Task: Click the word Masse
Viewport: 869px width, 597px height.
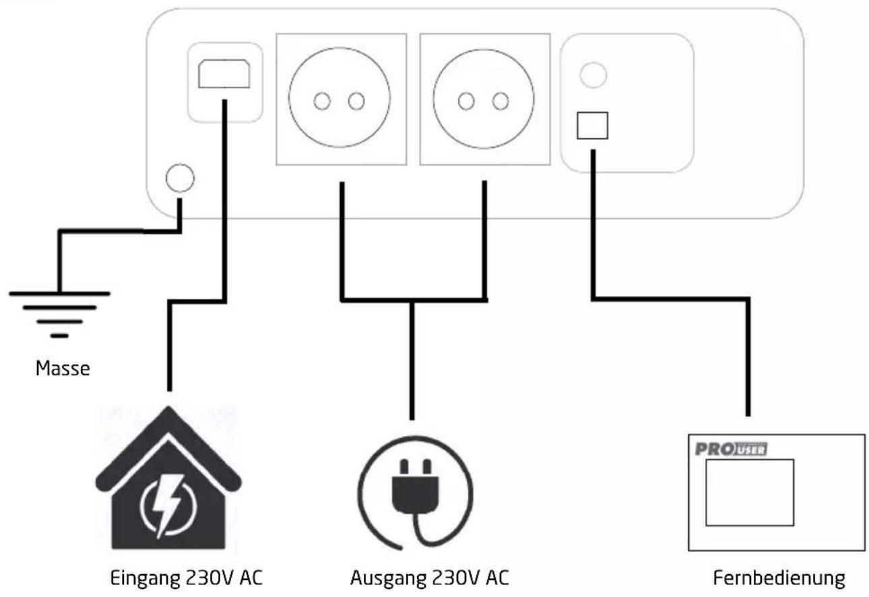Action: coord(63,368)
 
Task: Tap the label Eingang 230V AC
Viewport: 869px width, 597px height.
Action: coord(186,578)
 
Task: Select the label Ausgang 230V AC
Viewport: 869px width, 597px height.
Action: coord(430,578)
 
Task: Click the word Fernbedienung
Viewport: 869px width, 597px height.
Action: coord(779,578)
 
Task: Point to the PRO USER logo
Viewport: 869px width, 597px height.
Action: coord(731,450)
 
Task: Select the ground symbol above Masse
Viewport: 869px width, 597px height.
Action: coord(59,315)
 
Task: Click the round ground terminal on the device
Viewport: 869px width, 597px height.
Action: coord(180,178)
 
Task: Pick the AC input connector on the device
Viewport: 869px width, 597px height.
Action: coord(224,73)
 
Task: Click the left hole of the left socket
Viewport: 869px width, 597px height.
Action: coord(322,101)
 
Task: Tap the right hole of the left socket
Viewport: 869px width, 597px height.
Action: coord(356,101)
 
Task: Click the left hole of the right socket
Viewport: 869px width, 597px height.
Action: coord(466,102)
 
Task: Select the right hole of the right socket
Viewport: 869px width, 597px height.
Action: coord(501,102)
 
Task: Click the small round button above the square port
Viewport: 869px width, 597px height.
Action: coord(593,75)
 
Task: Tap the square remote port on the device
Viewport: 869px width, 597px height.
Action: coord(592,126)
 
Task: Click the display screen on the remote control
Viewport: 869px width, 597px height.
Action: coord(750,493)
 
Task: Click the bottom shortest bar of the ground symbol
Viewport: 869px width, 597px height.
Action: coord(59,336)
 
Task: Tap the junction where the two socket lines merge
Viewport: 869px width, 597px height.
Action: coord(412,300)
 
